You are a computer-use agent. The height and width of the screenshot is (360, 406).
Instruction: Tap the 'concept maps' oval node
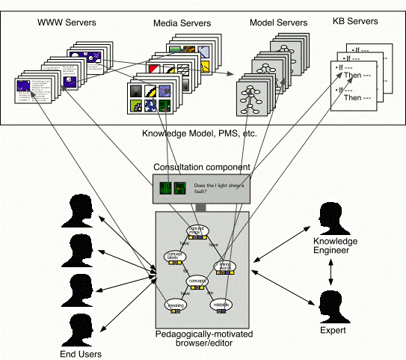coord(199,231)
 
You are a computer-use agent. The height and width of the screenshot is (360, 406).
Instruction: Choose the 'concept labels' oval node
coord(175,257)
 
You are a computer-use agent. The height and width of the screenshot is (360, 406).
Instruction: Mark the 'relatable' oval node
coord(221,305)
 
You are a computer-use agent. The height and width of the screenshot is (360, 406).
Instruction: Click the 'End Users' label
coord(81,354)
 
